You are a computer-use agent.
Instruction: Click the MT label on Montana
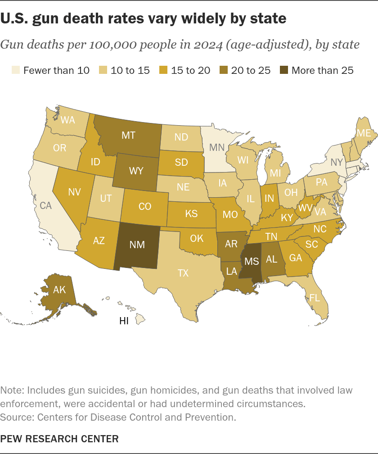pyautogui.click(x=128, y=135)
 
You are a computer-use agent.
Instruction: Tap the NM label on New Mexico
pyautogui.click(x=137, y=245)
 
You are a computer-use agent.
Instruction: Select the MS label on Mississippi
pyautogui.click(x=252, y=261)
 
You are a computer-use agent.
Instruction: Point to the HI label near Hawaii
pyautogui.click(x=124, y=321)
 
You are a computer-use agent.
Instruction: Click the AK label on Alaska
pyautogui.click(x=59, y=290)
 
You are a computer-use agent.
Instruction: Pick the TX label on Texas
pyautogui.click(x=183, y=273)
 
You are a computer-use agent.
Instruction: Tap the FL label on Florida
pyautogui.click(x=315, y=298)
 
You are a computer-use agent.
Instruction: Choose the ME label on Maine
pyautogui.click(x=364, y=133)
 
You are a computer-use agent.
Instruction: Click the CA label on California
pyautogui.click(x=46, y=205)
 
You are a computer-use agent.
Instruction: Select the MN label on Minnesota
pyautogui.click(x=217, y=147)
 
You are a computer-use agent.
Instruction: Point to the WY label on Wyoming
pyautogui.click(x=136, y=171)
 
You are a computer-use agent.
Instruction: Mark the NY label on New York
pyautogui.click(x=337, y=162)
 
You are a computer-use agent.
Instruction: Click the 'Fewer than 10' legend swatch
pyautogui.click(x=16, y=70)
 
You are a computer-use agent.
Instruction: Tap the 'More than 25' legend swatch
pyautogui.click(x=284, y=70)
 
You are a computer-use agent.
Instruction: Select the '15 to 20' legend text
pyautogui.click(x=191, y=70)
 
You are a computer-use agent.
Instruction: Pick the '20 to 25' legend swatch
pyautogui.click(x=223, y=70)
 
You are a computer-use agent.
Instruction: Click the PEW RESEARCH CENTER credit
pyautogui.click(x=59, y=439)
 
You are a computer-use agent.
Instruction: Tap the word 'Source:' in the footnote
pyautogui.click(x=18, y=417)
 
